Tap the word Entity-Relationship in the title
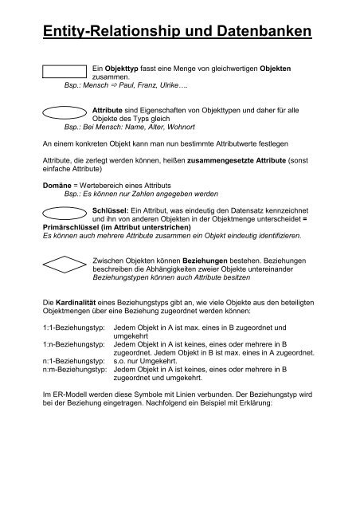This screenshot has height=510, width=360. click(x=112, y=33)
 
